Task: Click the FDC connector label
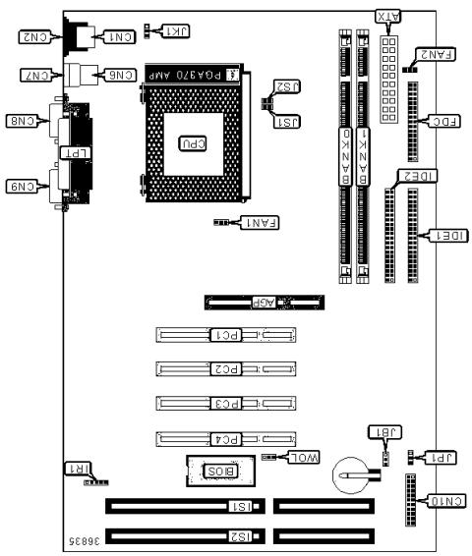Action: [440, 122]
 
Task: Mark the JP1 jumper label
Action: [437, 457]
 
